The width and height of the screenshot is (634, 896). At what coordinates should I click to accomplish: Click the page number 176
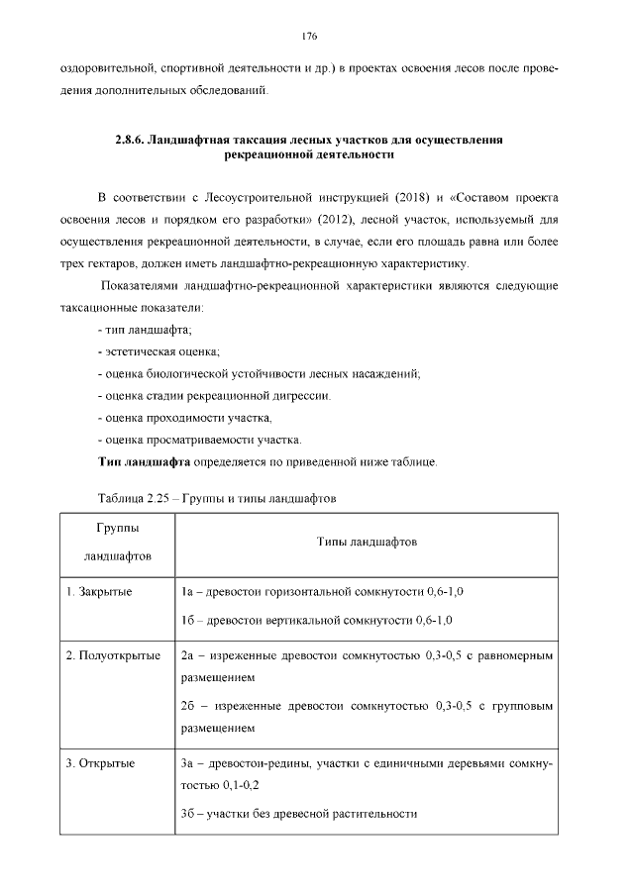(308, 37)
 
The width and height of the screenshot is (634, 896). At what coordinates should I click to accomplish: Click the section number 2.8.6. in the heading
(129, 141)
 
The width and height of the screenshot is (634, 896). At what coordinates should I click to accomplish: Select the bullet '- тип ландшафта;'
(145, 330)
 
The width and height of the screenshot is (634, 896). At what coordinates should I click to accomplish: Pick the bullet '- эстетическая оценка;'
(158, 351)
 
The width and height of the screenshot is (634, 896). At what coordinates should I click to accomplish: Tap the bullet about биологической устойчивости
(260, 373)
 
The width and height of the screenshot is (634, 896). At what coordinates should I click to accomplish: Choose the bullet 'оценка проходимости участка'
(184, 417)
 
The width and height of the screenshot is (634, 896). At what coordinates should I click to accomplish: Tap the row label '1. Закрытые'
(100, 591)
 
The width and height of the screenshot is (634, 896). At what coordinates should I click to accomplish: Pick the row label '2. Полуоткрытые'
(113, 655)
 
